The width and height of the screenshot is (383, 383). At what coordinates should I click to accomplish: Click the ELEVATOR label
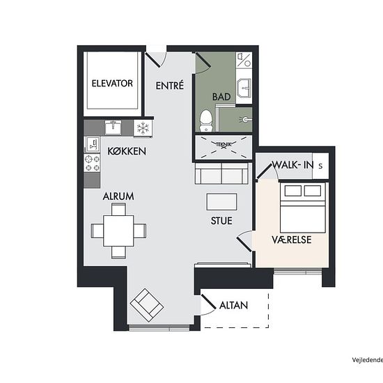tap(112, 84)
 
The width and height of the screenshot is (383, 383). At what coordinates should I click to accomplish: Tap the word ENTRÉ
tap(170, 86)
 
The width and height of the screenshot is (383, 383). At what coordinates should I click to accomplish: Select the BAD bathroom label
tap(221, 97)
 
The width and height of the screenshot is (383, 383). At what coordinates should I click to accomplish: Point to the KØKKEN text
tap(127, 151)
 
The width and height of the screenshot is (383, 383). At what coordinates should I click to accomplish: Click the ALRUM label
tap(118, 196)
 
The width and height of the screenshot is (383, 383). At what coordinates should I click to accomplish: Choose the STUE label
tap(221, 221)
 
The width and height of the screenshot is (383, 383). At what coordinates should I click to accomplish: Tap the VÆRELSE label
tap(292, 240)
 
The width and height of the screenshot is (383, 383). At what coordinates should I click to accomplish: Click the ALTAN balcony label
tap(233, 305)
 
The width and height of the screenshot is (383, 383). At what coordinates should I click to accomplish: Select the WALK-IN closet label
tap(293, 165)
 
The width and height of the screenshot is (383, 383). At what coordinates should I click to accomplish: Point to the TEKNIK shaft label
tap(224, 145)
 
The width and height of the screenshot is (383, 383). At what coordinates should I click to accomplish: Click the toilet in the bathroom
tap(205, 120)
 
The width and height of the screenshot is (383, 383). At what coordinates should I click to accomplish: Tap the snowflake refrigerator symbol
tap(143, 127)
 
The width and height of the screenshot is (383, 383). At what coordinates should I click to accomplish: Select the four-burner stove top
tap(92, 163)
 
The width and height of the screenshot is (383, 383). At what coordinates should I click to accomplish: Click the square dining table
tap(118, 230)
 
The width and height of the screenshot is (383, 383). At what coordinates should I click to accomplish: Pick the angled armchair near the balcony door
tap(147, 305)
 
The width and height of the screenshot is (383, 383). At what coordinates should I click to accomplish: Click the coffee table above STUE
tap(221, 202)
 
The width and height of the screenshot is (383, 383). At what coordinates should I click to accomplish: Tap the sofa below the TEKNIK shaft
tap(221, 173)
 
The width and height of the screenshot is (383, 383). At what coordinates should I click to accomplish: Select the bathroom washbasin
tap(244, 88)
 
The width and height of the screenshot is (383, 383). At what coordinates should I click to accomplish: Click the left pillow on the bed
tap(293, 191)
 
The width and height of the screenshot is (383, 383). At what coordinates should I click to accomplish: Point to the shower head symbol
tap(245, 120)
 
